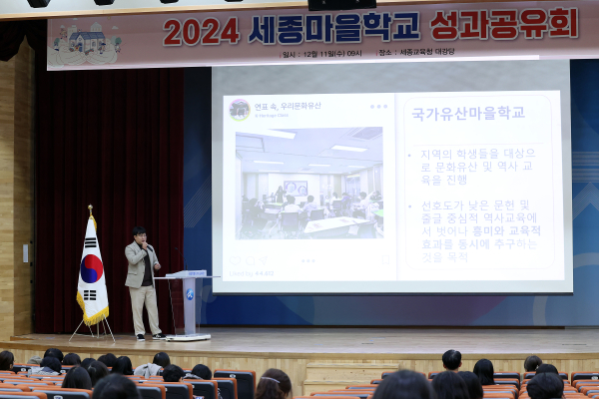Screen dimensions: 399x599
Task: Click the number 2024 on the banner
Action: (x=201, y=31)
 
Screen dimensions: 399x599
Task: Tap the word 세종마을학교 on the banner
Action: (x=331, y=27)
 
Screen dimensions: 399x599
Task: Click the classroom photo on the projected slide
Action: (x=308, y=183)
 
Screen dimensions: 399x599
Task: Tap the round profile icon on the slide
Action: (x=240, y=110)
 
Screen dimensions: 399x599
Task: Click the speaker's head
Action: (x=141, y=236)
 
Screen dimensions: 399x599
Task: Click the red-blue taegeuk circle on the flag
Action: (x=92, y=267)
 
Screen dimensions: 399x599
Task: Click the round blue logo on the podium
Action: (x=190, y=294)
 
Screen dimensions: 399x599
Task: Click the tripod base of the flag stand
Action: (x=92, y=330)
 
